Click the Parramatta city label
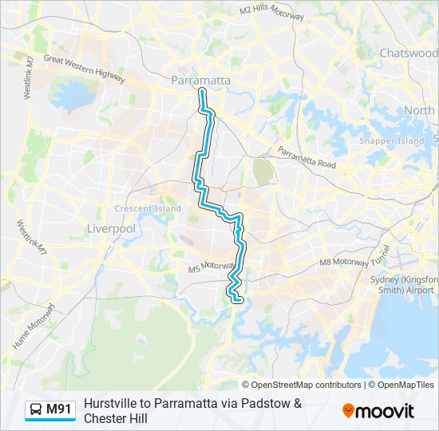[201, 81]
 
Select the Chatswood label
[409, 53]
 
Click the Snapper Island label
[391, 140]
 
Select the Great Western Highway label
[85, 69]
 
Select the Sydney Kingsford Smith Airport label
[405, 285]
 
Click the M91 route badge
[58, 410]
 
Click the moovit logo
[378, 411]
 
